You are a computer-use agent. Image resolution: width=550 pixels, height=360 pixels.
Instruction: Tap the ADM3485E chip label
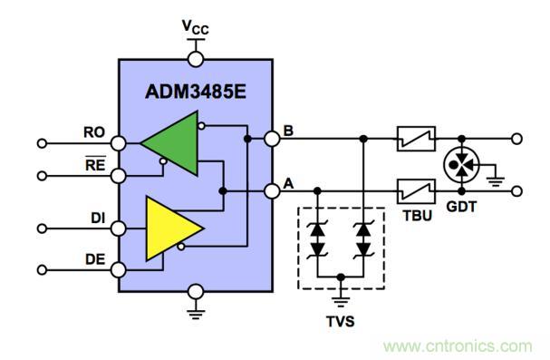(196, 92)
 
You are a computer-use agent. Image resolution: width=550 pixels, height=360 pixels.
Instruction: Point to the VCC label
(196, 27)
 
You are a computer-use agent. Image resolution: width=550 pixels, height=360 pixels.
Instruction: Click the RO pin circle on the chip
(118, 143)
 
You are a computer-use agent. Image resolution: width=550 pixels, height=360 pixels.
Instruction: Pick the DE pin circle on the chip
(118, 270)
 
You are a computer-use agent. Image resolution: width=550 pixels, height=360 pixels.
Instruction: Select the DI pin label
(98, 219)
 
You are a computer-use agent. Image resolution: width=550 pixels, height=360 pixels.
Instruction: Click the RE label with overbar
(95, 164)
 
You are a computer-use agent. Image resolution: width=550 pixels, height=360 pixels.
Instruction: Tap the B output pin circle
(272, 139)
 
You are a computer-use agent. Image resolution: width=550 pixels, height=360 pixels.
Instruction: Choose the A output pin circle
(272, 191)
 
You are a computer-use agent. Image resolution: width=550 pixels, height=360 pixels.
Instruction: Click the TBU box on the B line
(417, 139)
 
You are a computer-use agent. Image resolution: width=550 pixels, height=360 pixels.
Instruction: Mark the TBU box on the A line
(417, 191)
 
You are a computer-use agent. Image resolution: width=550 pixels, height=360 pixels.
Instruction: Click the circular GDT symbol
(461, 165)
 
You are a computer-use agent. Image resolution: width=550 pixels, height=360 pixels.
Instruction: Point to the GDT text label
(461, 207)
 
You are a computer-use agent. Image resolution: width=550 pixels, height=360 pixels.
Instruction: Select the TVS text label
(341, 321)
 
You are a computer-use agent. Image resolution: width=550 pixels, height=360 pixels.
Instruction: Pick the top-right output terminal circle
(516, 139)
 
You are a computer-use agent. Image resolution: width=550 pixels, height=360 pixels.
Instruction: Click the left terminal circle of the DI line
(42, 229)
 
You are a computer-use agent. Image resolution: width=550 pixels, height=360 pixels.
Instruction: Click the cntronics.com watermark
(458, 346)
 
